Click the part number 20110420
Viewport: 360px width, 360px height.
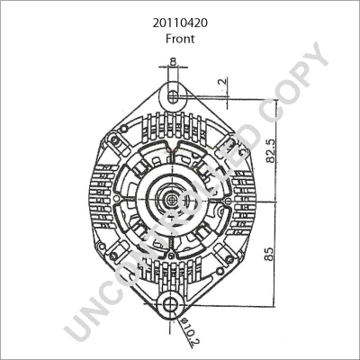pos(180,23)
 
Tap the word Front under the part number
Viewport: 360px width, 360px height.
pos(180,39)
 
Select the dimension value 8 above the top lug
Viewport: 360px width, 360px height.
pos(173,61)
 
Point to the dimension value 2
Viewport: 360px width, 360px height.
pos(222,82)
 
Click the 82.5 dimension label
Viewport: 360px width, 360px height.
pos(271,150)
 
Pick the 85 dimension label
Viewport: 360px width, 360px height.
pos(269,254)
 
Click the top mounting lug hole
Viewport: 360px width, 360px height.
pos(173,96)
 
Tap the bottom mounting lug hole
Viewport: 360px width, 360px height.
pos(171,305)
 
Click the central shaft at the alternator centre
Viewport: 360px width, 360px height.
pos(171,199)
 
